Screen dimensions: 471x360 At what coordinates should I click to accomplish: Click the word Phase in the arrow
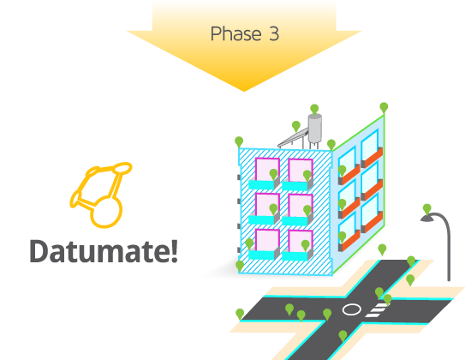pyautogui.click(x=235, y=33)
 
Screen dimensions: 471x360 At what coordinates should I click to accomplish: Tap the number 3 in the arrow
pyautogui.click(x=274, y=33)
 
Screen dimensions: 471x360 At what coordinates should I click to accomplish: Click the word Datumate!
pyautogui.click(x=104, y=251)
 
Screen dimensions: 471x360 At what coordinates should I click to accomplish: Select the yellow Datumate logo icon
pyautogui.click(x=101, y=195)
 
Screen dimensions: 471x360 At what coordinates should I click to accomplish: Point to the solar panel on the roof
pyautogui.click(x=293, y=138)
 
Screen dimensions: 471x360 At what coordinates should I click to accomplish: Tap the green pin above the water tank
pyautogui.click(x=314, y=110)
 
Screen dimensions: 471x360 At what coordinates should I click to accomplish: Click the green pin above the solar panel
pyautogui.click(x=296, y=126)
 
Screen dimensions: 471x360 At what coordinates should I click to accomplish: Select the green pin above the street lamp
pyautogui.click(x=426, y=209)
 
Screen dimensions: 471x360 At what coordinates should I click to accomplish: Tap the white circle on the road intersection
pyautogui.click(x=351, y=309)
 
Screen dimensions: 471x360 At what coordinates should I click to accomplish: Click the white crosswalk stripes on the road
pyautogui.click(x=377, y=310)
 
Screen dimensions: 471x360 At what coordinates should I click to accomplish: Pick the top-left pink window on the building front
pyautogui.click(x=267, y=169)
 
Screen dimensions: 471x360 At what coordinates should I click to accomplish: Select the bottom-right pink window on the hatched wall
pyautogui.click(x=301, y=241)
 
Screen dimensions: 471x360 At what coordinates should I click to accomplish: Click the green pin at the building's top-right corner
pyautogui.click(x=384, y=108)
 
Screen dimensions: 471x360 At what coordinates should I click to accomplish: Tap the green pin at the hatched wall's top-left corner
pyautogui.click(x=239, y=142)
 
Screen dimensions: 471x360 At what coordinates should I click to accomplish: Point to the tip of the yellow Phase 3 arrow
pyautogui.click(x=244, y=91)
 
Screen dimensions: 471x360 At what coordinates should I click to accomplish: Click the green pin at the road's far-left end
pyautogui.click(x=240, y=314)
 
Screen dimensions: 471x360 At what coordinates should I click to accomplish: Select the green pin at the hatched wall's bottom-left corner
pyautogui.click(x=240, y=266)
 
